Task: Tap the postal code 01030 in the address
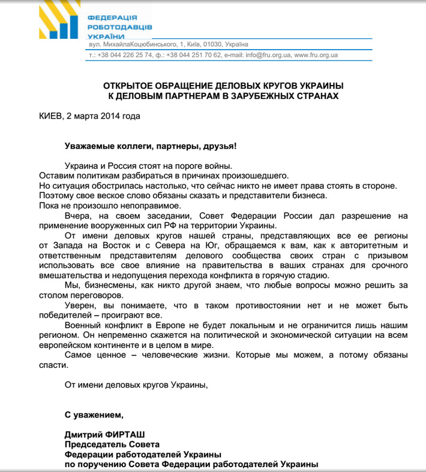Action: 211,44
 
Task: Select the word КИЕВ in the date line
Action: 49,116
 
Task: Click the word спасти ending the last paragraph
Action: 51,365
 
